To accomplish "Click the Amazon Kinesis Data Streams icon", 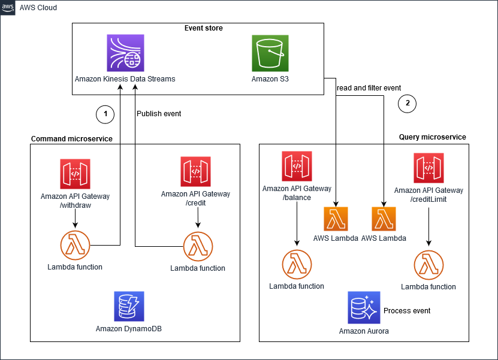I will coord(125,53).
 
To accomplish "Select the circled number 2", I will coord(407,103).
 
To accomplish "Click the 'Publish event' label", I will coord(159,113).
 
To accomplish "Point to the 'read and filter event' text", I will coord(369,88).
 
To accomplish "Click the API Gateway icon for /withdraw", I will coord(76,174).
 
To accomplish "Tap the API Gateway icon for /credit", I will coord(195,171).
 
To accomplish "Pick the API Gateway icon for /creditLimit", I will coord(428,168).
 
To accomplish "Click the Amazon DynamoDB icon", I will coord(129,306).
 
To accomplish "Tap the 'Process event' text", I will coord(407,311).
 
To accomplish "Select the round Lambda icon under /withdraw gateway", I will coord(75,245).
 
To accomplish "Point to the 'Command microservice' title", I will coord(71,139).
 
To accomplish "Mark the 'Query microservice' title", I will coord(432,137).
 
